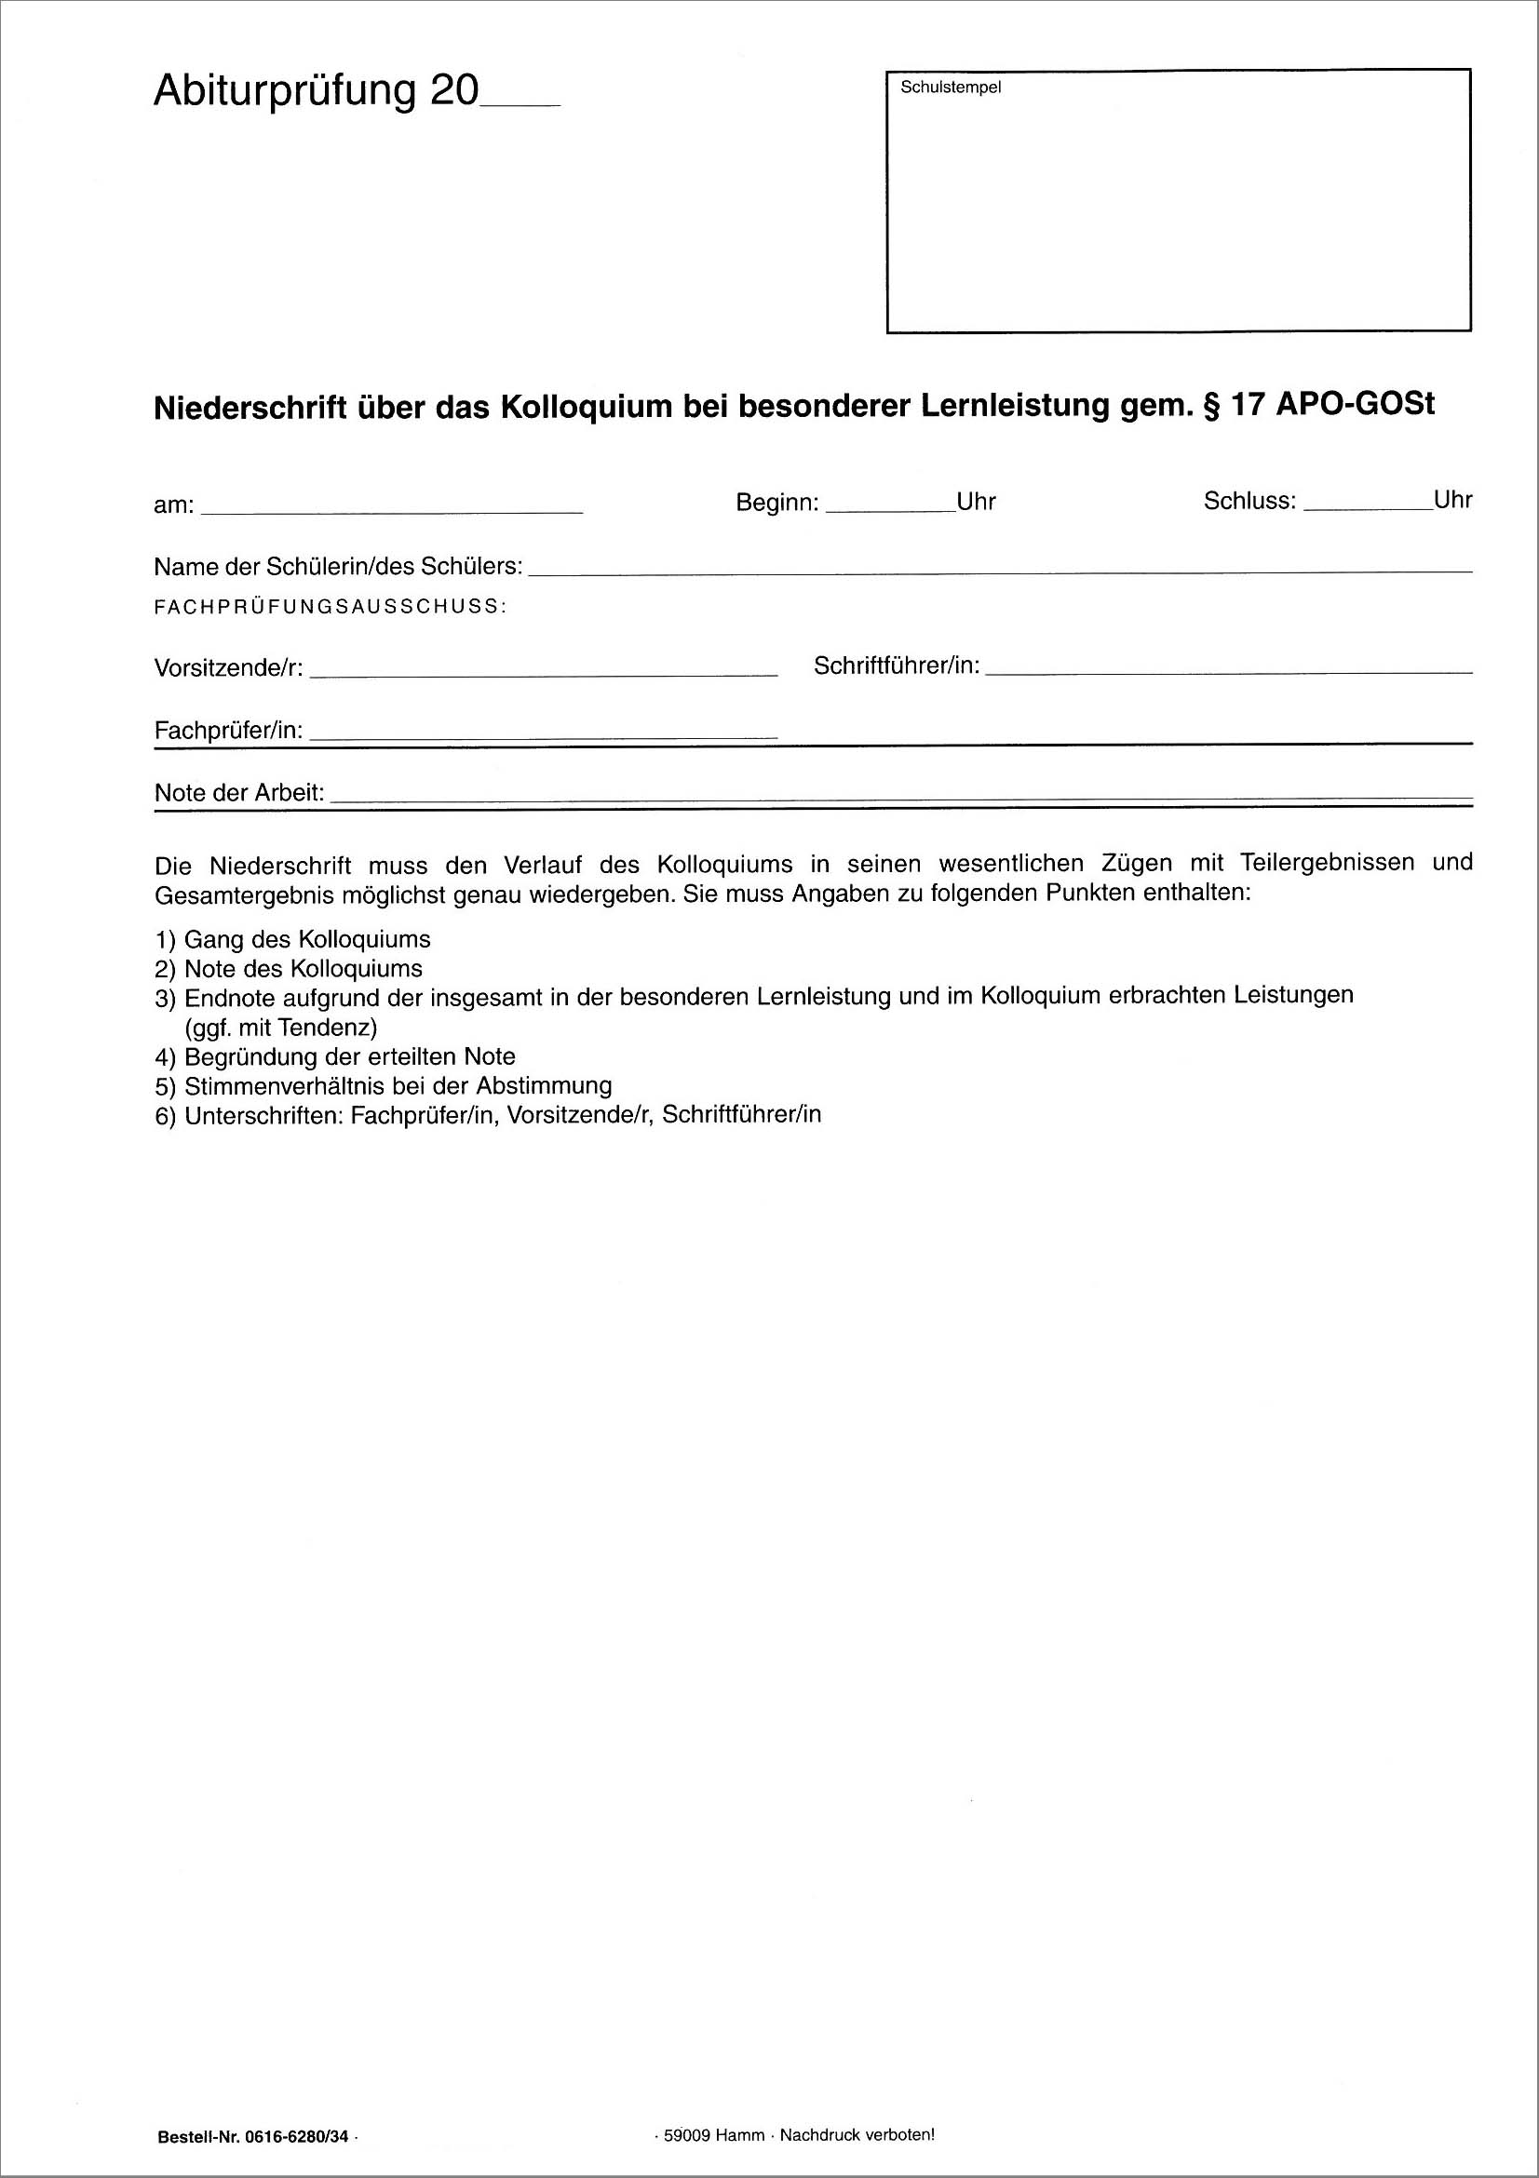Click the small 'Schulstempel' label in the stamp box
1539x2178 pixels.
tap(951, 87)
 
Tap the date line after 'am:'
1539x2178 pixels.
tap(392, 510)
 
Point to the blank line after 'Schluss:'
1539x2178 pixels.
tap(1368, 507)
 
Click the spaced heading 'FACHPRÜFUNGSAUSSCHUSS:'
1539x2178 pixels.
tap(331, 607)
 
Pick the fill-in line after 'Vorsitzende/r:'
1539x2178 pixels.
tap(543, 673)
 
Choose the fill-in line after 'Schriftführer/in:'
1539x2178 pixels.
tap(1229, 671)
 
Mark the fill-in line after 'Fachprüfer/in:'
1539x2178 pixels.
tap(543, 736)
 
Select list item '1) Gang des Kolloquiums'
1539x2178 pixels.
tap(292, 940)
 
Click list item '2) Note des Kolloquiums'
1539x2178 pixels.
tap(289, 970)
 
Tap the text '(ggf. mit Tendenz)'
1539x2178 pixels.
tap(281, 1028)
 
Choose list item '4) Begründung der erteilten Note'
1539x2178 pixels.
tap(335, 1056)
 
